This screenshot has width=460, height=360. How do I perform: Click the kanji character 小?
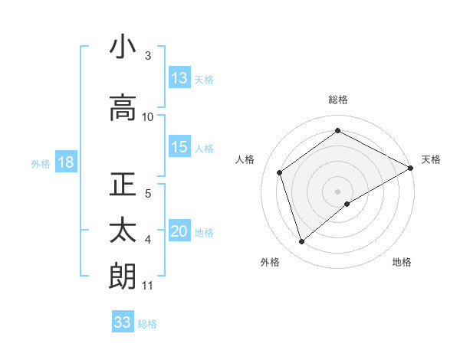[123, 48]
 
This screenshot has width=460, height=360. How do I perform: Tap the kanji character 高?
[123, 108]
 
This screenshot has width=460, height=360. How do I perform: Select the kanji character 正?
[123, 186]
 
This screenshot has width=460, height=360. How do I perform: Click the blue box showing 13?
[179, 78]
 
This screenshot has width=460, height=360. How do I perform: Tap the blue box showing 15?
[179, 147]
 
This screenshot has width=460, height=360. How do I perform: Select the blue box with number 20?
[179, 232]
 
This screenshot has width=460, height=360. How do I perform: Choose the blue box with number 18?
[65, 162]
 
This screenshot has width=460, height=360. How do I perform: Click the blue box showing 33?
[123, 322]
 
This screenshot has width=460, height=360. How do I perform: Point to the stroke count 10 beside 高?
[148, 117]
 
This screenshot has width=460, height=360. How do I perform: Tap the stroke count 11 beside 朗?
[148, 286]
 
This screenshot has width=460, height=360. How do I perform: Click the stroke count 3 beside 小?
[148, 57]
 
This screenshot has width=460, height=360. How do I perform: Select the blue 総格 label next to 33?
[147, 324]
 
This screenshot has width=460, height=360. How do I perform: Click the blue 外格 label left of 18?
[41, 163]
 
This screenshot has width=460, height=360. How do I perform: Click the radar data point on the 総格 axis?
[337, 131]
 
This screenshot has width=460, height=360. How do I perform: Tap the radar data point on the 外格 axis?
[302, 242]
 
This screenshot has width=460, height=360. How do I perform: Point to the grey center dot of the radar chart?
[337, 191]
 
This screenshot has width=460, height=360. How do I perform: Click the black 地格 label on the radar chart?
[402, 263]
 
